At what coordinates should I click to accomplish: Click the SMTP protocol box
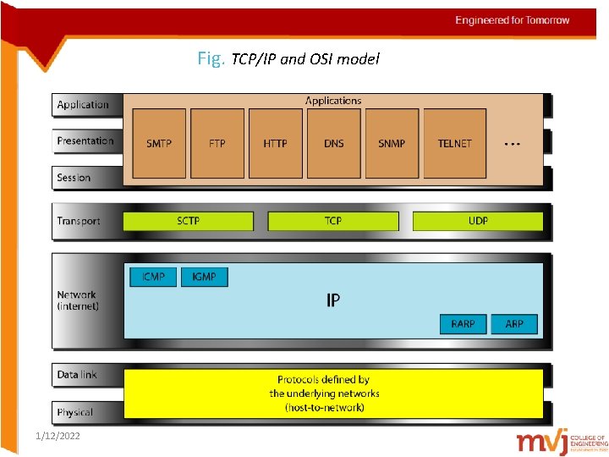coord(159,143)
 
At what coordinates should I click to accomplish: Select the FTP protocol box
coord(217,143)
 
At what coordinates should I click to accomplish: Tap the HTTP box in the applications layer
coord(275,143)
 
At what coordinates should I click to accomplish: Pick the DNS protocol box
coord(333,143)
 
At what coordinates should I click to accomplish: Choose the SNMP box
coord(392,143)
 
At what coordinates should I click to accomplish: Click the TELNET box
coord(454,143)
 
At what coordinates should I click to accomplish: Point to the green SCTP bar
coord(189,221)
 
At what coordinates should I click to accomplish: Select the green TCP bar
coord(333,221)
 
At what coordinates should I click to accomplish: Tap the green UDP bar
coord(478,221)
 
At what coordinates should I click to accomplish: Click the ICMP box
coord(153,277)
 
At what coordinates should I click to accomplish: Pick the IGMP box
coord(204,277)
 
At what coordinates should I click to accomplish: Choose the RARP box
coord(463,323)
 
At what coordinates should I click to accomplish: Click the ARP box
coord(514,323)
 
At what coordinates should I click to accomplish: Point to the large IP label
coord(333,300)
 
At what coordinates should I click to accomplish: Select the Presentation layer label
coord(85,141)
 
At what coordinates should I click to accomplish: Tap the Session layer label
coord(74,178)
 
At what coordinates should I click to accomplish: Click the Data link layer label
coord(77,374)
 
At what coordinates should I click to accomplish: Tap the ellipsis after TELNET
coord(512,144)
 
